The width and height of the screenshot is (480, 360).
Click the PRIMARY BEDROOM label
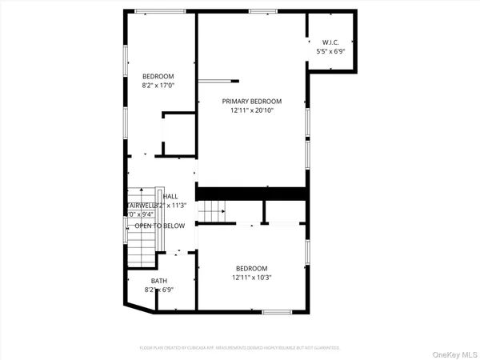[252, 101]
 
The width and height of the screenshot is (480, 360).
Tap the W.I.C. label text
[331, 42]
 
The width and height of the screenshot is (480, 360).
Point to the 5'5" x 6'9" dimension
[331, 51]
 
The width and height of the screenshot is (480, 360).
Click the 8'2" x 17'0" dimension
[158, 85]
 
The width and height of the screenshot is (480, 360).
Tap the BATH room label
[158, 281]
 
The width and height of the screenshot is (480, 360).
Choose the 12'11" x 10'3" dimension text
[251, 277]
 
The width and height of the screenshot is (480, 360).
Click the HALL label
[170, 197]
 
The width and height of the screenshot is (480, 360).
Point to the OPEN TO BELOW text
[159, 226]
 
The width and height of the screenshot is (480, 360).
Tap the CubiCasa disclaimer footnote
[240, 348]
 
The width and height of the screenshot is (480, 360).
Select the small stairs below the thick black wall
[213, 212]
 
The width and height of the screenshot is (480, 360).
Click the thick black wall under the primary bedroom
[252, 194]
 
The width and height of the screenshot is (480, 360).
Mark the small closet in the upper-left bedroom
[179, 134]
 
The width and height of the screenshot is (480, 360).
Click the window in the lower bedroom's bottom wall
[277, 311]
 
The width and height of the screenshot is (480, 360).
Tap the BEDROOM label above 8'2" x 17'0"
[158, 76]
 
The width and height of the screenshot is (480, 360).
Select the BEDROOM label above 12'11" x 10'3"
[251, 268]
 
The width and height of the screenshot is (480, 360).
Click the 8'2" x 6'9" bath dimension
[158, 290]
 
